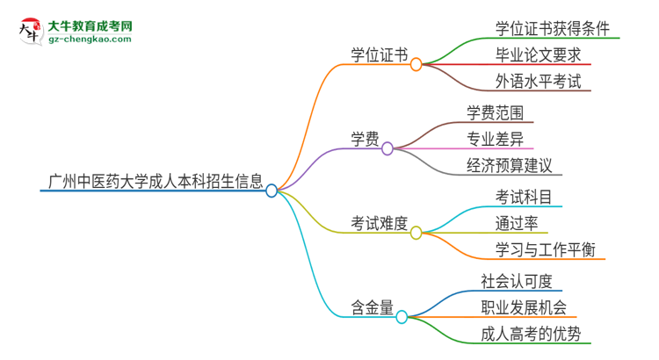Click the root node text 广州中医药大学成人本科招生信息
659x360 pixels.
pos(152,182)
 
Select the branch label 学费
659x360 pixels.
pos(365,139)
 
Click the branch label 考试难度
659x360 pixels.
pos(380,224)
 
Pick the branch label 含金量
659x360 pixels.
pos(373,307)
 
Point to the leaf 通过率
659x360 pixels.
pos(517,222)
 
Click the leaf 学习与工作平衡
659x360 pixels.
pos(546,249)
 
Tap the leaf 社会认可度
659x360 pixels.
pos(517,280)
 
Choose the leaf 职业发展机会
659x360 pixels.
pos(524,307)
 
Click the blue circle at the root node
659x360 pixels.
pos(272,190)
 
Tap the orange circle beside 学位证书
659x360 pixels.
pos(416,64)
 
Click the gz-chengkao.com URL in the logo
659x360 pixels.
pos(89,39)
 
